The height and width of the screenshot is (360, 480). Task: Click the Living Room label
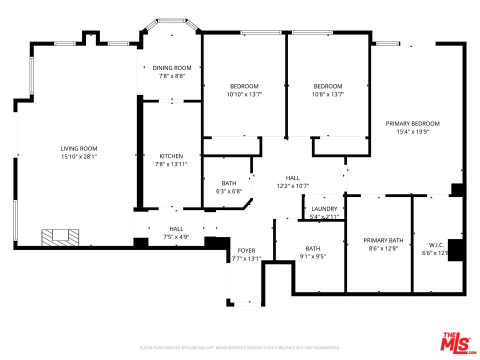click(78, 148)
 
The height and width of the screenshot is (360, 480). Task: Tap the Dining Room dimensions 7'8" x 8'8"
click(172, 76)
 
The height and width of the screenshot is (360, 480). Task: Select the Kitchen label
click(171, 156)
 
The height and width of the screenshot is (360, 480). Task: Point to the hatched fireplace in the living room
click(60, 236)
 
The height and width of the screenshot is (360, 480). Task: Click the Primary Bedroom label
click(412, 123)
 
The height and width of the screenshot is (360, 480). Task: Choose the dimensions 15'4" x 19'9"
click(412, 132)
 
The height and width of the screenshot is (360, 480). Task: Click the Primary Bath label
click(383, 240)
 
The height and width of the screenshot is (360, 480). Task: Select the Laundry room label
click(324, 208)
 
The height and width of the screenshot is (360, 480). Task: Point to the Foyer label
click(246, 250)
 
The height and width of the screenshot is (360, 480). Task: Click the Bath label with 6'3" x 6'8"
click(229, 183)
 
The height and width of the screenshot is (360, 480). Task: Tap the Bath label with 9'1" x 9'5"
click(312, 248)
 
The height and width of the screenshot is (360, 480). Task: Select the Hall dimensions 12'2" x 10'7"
click(292, 186)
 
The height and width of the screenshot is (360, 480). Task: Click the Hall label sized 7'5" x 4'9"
click(176, 228)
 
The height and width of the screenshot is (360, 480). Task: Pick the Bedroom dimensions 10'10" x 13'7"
click(244, 94)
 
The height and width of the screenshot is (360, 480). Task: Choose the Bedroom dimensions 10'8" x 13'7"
click(328, 94)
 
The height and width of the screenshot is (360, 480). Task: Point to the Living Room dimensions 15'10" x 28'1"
click(78, 156)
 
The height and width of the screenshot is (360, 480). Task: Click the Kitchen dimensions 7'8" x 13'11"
click(171, 164)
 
